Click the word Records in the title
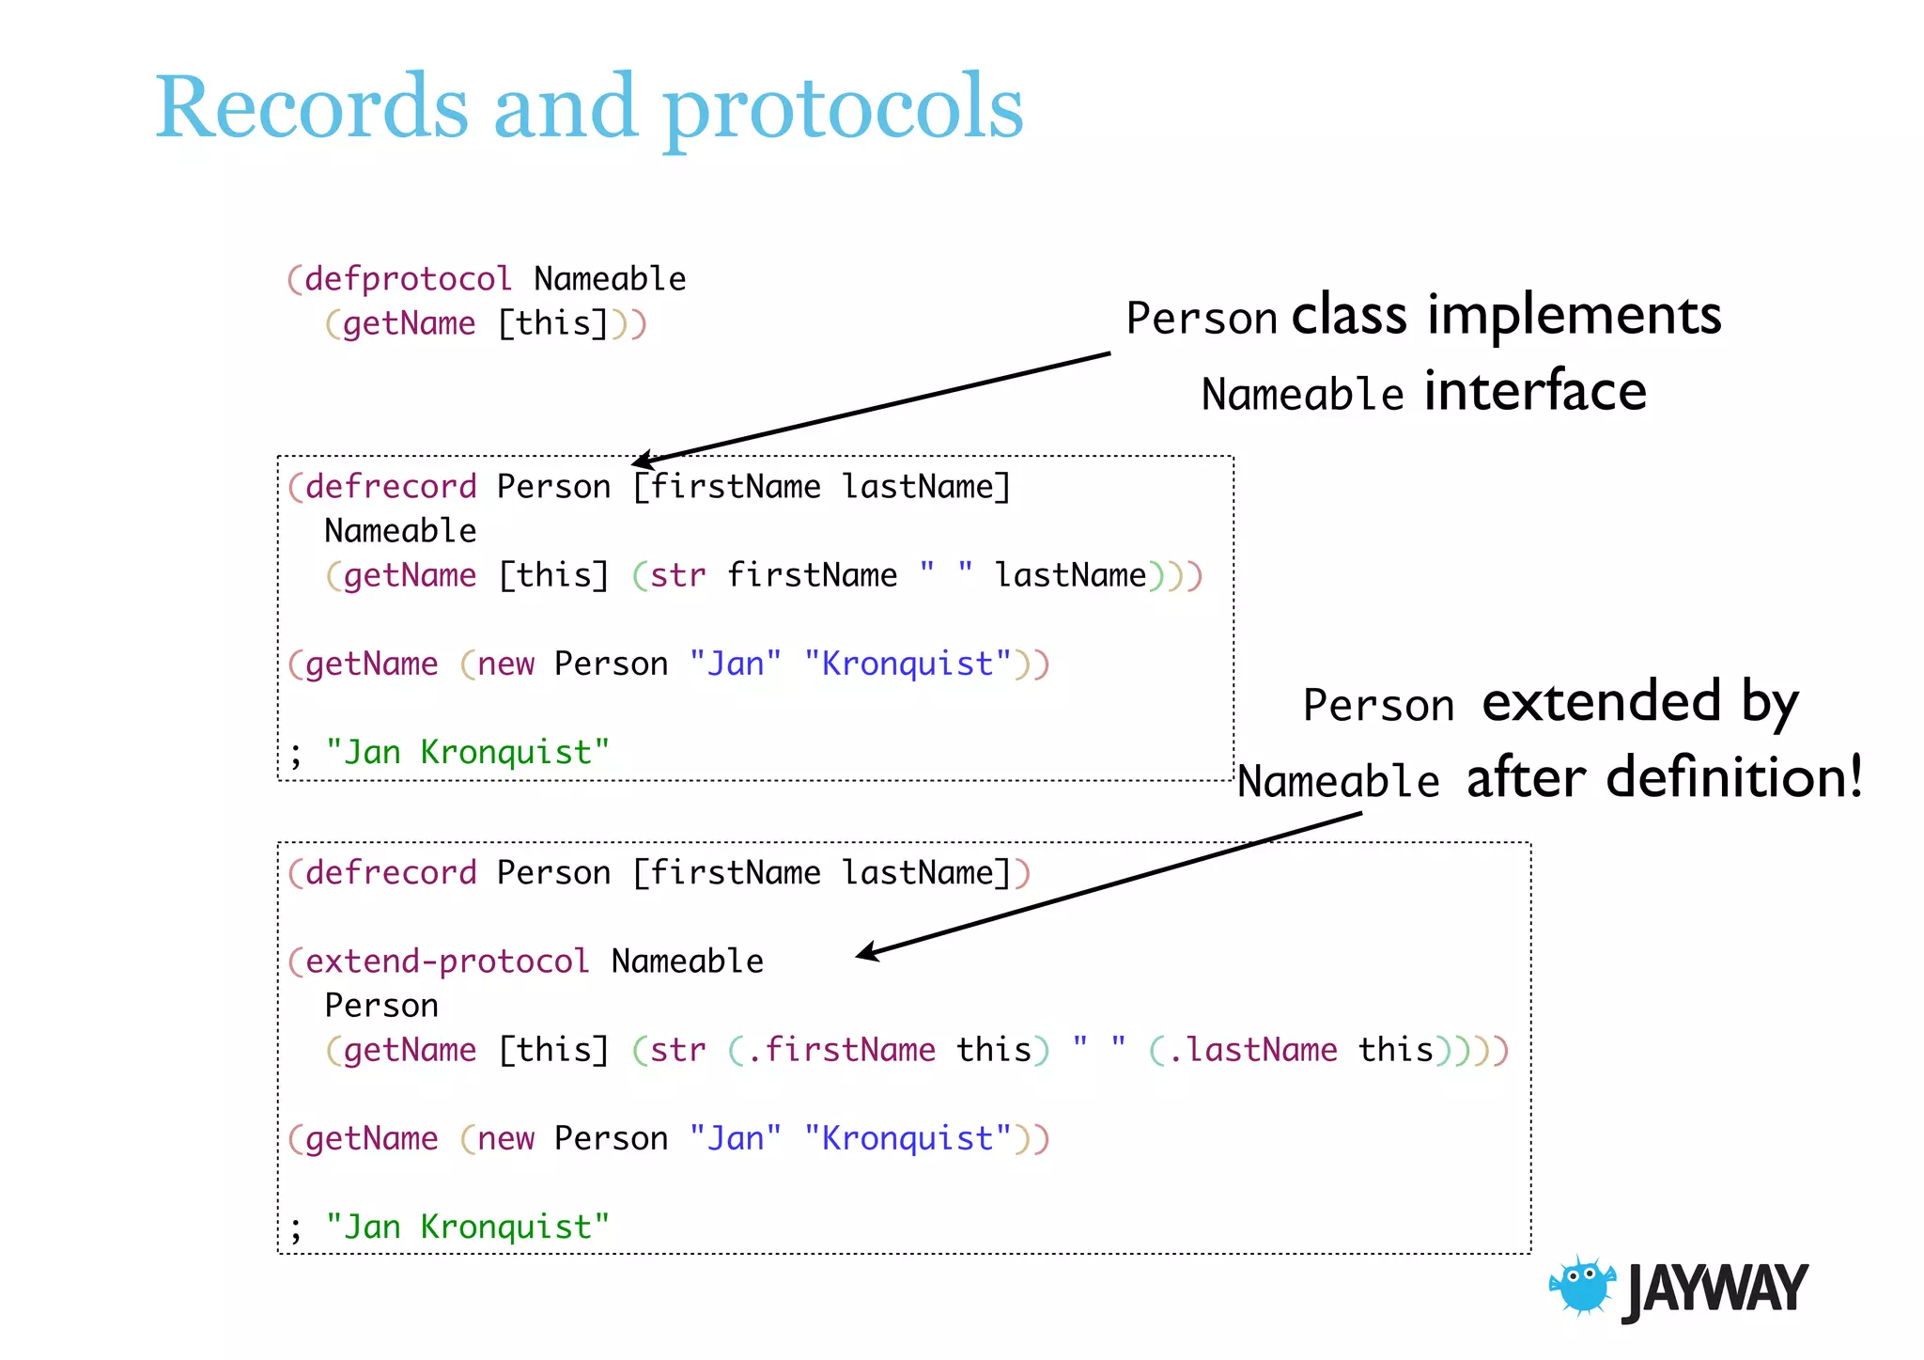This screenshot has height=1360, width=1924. pos(311,107)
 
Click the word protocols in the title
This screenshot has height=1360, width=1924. pos(843,111)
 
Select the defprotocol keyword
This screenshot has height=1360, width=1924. pos(408,279)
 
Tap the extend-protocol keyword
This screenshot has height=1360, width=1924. pos(447,961)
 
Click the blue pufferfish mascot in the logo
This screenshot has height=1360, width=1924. pos(1583,1286)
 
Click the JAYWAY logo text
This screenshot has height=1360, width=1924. pos(1715,1290)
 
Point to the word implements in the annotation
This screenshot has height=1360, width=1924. pos(1574,316)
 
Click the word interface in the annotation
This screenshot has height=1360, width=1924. pos(1535,392)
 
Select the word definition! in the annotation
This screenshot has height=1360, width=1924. pos(1734,778)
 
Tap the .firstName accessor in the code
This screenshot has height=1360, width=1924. pos(841,1050)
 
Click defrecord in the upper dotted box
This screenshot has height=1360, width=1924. pos(391,487)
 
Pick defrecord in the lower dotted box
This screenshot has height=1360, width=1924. pos(391,873)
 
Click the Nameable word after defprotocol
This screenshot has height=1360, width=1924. pos(610,279)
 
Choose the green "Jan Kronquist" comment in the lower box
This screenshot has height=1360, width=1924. pos(467,1227)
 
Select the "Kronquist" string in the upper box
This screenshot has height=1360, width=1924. pos(908,664)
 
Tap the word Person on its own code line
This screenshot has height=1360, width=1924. pos(381,1006)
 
